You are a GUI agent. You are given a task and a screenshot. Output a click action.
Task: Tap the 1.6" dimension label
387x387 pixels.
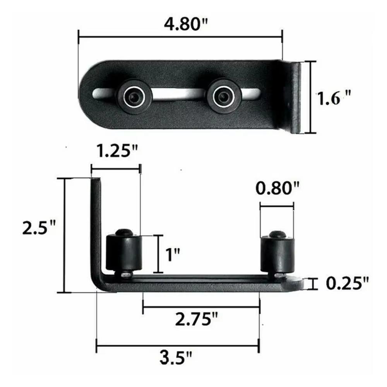tap(334, 98)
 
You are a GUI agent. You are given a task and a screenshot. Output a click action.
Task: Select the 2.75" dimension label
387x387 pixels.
tap(197, 320)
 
